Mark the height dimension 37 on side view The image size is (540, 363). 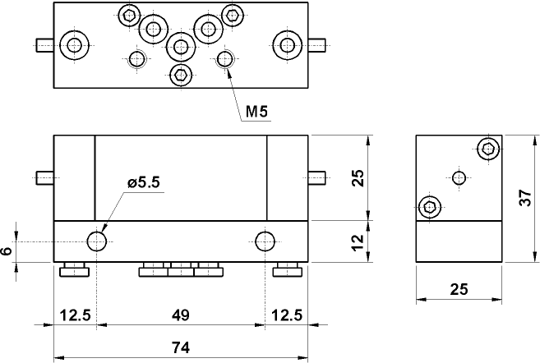529,198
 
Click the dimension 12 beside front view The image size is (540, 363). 358,241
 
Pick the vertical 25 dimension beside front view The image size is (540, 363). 358,178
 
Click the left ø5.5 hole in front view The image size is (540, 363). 97,241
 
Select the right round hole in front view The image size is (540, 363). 265,241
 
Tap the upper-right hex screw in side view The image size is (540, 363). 488,149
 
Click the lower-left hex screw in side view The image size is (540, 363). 428,206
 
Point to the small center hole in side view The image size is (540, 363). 459,177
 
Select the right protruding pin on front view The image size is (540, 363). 318,178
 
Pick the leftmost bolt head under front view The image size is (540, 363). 76,270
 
